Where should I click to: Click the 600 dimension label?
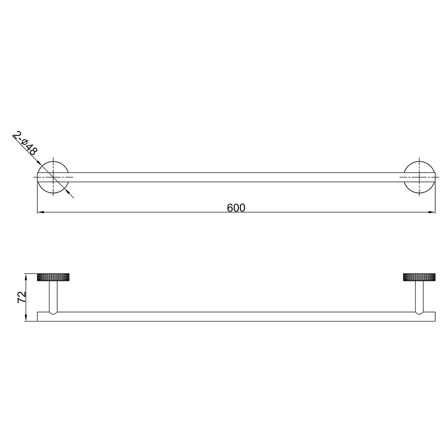236,208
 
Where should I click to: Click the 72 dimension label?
22,297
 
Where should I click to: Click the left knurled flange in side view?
53,277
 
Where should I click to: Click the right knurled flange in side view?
419,277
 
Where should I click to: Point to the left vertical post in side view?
53,296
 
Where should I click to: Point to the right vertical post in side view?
419,296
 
